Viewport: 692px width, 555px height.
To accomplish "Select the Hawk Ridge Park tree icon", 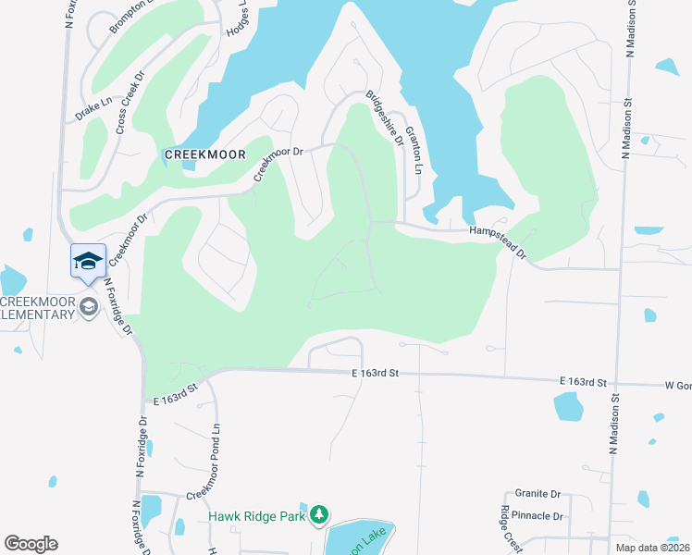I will tap(319, 514).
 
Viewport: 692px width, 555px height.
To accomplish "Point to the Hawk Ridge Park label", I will tap(256, 516).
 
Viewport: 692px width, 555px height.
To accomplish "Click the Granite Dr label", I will tap(538, 495).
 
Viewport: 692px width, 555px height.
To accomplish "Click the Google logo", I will tap(31, 544).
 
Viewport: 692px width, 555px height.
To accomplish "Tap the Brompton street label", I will tap(130, 17).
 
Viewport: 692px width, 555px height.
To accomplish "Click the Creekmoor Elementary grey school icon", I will tap(89, 307).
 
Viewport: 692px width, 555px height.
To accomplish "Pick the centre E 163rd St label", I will tap(374, 373).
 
